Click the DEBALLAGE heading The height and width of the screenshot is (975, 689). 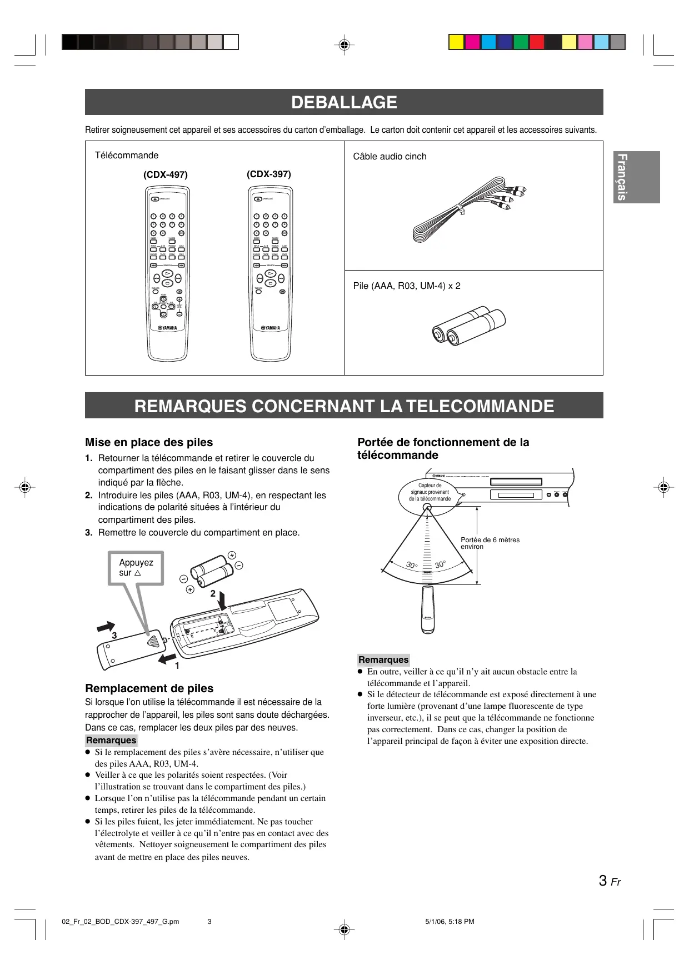tap(344, 102)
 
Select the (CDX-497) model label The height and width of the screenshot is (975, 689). tap(166, 174)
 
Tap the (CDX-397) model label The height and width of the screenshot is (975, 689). tap(269, 174)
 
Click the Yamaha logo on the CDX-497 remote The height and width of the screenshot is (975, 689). tap(167, 328)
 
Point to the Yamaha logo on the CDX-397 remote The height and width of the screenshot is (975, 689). tap(270, 328)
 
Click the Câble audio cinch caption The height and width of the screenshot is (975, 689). tap(390, 156)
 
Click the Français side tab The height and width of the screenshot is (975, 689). tap(636, 177)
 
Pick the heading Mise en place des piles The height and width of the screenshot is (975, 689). tap(149, 442)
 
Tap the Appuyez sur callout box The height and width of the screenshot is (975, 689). tap(136, 568)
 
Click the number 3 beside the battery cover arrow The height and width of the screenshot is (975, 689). tap(114, 635)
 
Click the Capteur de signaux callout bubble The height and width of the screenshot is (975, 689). tap(430, 492)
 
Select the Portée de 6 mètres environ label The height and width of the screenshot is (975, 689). tap(490, 543)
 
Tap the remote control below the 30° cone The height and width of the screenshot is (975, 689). tap(427, 609)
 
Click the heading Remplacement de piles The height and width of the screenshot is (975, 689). tap(149, 688)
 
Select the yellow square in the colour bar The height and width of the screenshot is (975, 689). tap(456, 42)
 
